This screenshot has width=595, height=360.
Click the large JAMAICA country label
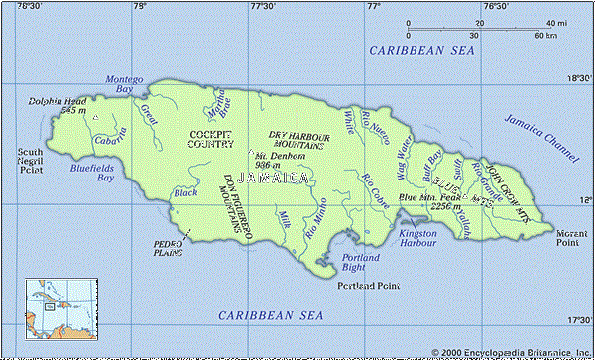tap(257, 179)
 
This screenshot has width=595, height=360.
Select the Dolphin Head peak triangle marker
tap(95, 117)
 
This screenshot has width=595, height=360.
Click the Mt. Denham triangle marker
tap(250, 152)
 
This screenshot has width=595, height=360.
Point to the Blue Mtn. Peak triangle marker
tap(465, 196)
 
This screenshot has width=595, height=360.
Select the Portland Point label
tap(367, 286)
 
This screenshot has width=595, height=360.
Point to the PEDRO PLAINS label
tap(165, 247)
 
